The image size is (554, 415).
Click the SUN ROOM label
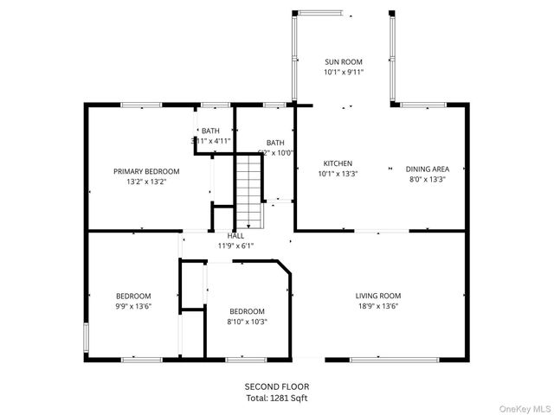click(344, 62)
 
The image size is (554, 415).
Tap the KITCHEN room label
click(338, 163)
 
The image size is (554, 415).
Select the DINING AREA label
click(427, 169)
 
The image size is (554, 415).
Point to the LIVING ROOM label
click(378, 296)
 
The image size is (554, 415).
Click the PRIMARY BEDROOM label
click(146, 171)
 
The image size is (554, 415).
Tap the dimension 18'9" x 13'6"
click(378, 306)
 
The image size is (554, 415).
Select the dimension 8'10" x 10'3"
click(248, 322)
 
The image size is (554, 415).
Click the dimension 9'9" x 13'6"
click(134, 306)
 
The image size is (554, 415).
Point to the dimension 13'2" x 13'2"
click(146, 182)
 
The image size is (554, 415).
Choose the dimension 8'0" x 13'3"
click(427, 180)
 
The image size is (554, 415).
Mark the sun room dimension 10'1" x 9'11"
click(344, 73)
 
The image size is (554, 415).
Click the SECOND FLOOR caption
click(276, 386)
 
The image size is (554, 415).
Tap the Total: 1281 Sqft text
click(276, 398)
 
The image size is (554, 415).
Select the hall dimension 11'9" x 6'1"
click(235, 246)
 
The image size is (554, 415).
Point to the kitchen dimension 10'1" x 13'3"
click(338, 173)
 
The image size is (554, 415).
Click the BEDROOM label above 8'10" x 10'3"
click(248, 311)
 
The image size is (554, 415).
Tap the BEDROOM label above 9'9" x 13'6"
click(134, 296)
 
